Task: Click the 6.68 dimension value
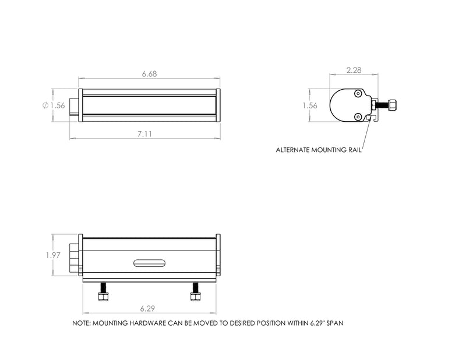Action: click(150, 74)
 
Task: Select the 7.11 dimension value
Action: click(145, 133)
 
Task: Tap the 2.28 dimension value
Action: click(354, 70)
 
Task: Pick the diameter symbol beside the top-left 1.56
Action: click(45, 105)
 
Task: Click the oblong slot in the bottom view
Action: click(150, 263)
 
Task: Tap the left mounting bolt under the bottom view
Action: click(104, 292)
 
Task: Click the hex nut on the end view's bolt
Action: click(393, 105)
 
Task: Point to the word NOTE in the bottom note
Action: click(80, 322)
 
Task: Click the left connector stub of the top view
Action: click(73, 105)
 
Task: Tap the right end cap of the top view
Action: click(218, 105)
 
